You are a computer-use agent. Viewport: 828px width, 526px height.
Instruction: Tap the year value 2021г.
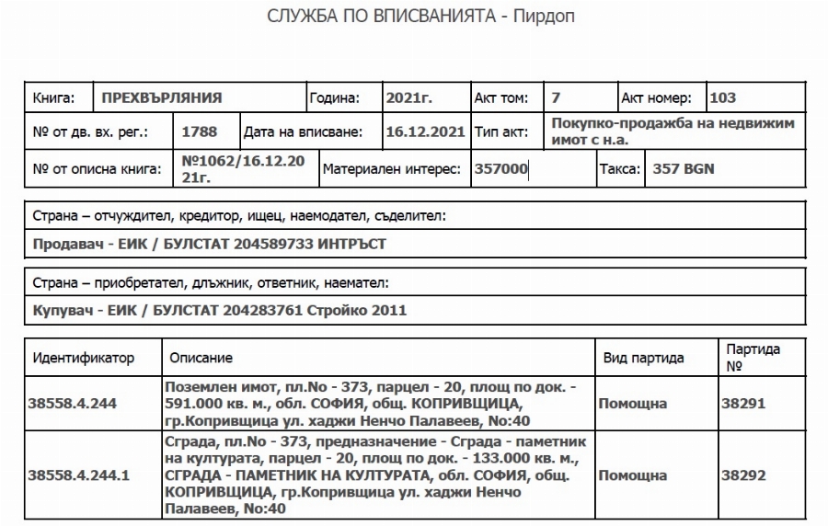tap(409, 97)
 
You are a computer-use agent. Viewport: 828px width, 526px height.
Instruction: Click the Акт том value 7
tap(556, 97)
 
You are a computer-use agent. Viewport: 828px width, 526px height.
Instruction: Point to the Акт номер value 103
tap(723, 97)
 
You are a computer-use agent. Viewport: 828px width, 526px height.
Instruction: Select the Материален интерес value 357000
tap(500, 169)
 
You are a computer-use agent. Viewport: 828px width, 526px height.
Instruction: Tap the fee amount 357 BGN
tap(683, 169)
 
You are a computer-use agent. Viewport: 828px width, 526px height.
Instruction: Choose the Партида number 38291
tap(743, 403)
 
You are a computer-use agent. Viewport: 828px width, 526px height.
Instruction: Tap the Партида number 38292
tap(743, 475)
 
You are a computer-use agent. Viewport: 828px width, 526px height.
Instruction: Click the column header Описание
tap(201, 357)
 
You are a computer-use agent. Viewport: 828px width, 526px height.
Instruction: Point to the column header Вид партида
tap(643, 357)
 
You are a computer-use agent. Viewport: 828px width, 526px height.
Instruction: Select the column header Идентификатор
tap(84, 357)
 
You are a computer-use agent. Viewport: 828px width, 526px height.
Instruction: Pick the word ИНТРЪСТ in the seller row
tap(351, 244)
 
